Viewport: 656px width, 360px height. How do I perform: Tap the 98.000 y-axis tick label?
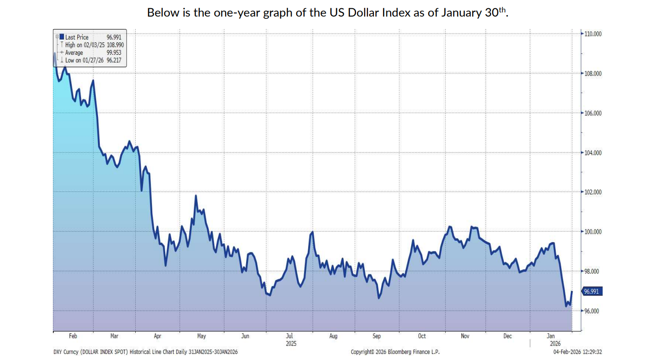click(593, 271)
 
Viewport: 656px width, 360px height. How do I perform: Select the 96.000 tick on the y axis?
click(593, 311)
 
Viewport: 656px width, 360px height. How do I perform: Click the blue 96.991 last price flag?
click(592, 291)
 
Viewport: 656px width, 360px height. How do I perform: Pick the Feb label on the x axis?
click(73, 336)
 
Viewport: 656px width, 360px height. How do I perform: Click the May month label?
click(201, 336)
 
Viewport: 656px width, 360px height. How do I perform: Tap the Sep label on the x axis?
click(376, 336)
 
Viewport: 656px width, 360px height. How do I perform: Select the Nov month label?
click(465, 336)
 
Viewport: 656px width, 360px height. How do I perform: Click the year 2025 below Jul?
click(291, 343)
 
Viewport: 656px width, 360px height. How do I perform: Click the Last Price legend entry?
click(77, 37)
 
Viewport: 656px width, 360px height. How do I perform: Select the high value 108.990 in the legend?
click(115, 45)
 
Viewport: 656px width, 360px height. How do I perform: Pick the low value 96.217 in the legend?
click(115, 60)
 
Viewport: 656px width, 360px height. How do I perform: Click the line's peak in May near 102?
click(196, 196)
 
